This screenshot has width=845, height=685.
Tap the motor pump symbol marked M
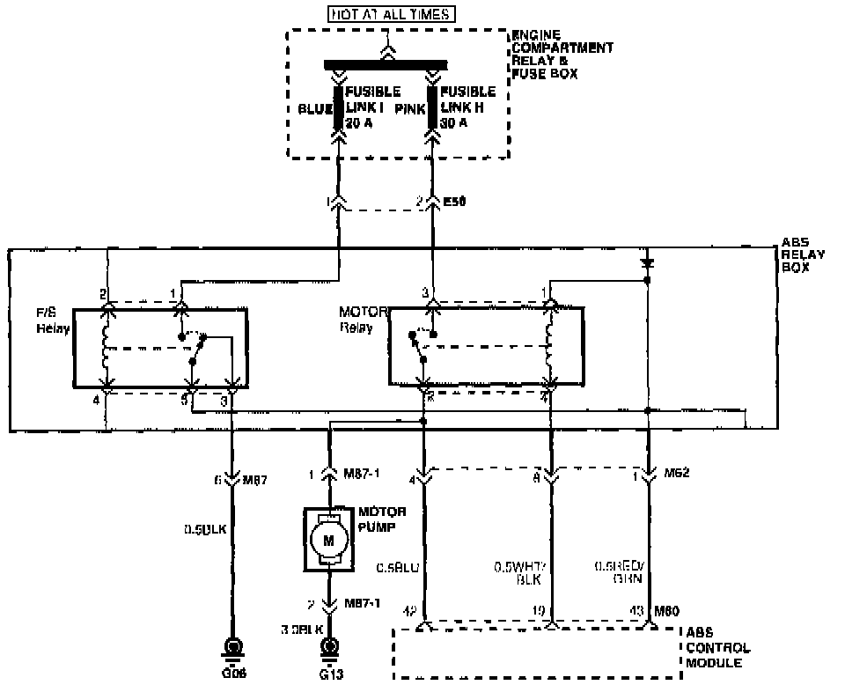[328, 539]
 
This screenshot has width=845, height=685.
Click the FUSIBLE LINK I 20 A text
[372, 107]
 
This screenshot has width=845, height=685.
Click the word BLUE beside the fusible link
[315, 109]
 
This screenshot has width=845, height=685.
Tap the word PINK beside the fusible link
[410, 109]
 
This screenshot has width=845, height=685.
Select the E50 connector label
[453, 202]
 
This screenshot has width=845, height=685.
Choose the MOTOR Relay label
[358, 319]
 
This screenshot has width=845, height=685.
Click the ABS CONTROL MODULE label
[717, 648]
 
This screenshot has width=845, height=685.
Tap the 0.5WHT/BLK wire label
[522, 574]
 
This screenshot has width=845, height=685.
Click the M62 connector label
[678, 473]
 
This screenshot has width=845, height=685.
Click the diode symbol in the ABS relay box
[647, 262]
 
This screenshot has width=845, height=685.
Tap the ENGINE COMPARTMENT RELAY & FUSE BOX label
[562, 55]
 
